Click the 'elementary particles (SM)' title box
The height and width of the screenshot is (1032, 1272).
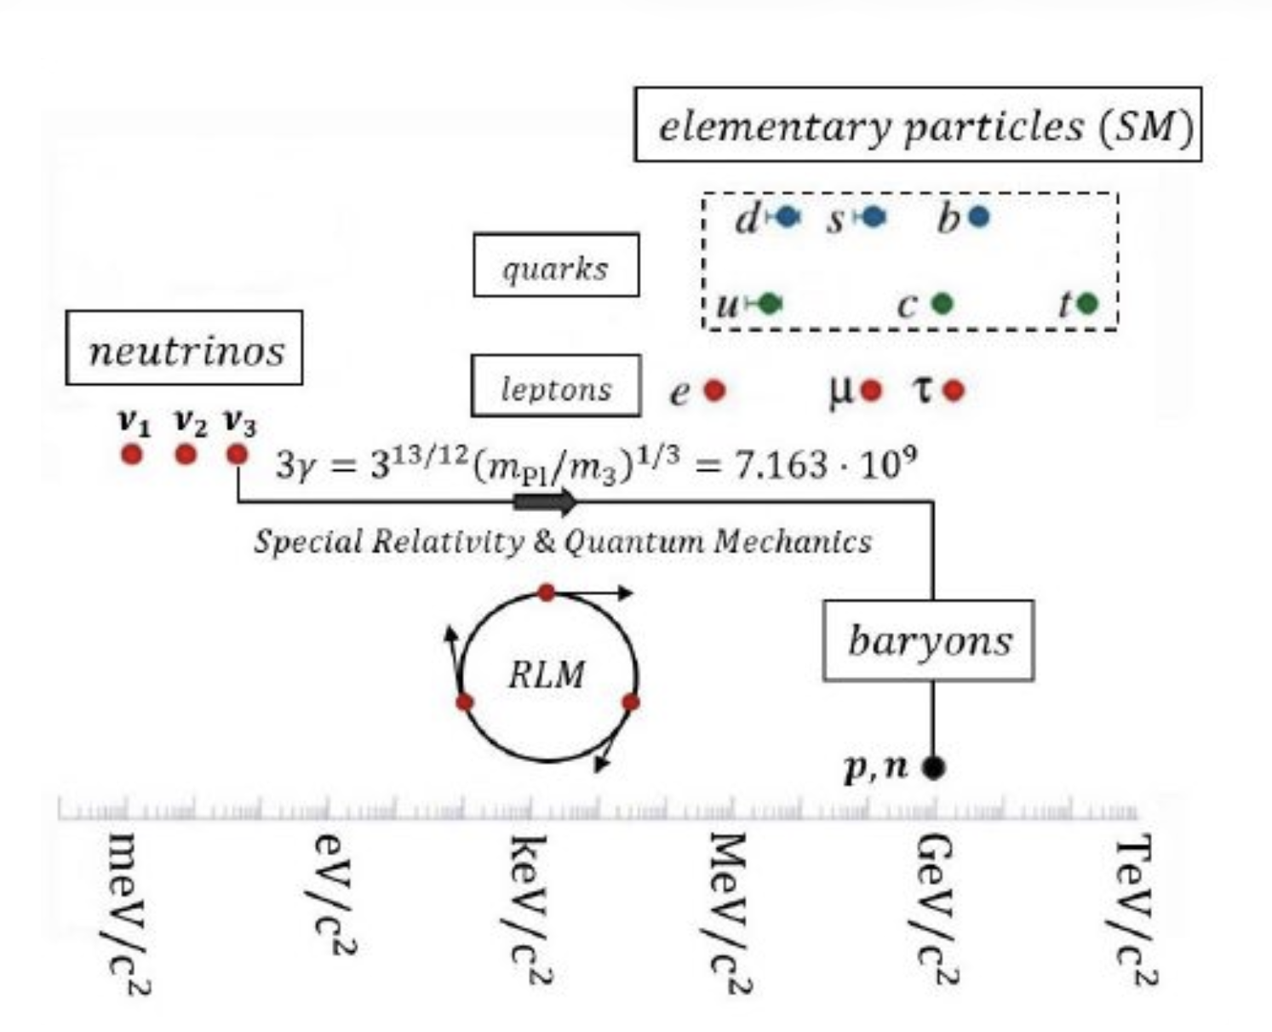918,125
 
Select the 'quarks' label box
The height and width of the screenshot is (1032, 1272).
555,266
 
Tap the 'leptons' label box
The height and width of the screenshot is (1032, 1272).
555,387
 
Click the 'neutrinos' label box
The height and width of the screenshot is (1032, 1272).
184,348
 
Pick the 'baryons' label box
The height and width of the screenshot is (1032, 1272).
928,640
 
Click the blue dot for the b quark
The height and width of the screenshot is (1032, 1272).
979,218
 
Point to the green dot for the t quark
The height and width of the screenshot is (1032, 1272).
1087,303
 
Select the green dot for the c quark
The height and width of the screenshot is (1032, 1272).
942,304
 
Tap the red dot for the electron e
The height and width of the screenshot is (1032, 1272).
714,391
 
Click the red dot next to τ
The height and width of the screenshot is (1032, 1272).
954,391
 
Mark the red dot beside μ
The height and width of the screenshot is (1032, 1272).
870,391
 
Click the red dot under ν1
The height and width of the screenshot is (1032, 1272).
131,454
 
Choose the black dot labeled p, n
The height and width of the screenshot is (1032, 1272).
933,768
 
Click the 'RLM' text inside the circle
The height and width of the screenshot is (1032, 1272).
547,675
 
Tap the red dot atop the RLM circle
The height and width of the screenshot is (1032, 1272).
547,593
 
